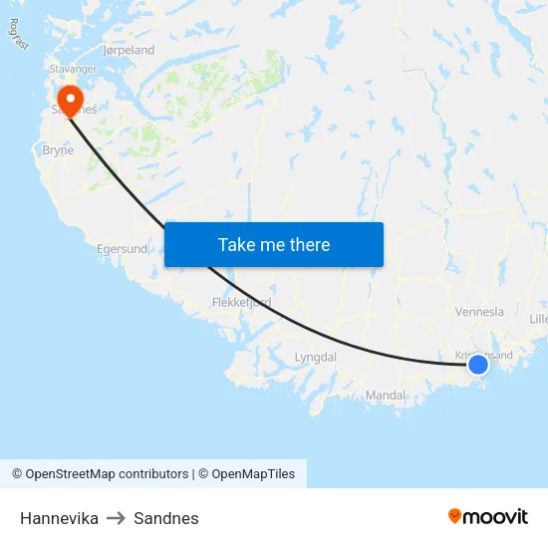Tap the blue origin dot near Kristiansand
point(478,364)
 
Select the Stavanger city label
point(74,69)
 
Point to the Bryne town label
point(58,150)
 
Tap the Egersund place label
point(122,249)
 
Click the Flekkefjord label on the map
point(241,302)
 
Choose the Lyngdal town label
point(316,357)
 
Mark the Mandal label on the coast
point(386,396)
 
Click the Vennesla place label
point(479,312)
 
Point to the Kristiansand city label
point(484,355)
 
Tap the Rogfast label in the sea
point(18,35)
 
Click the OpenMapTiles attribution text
point(253,474)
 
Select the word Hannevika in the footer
point(59,518)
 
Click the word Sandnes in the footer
point(166,518)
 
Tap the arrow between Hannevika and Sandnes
point(116,518)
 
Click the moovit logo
point(488,516)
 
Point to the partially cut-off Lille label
point(538,319)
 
